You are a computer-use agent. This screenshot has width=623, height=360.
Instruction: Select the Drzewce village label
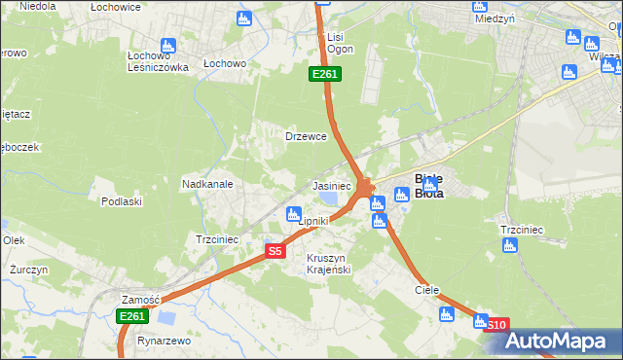[305, 136]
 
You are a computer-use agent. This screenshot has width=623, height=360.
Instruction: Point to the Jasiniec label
[331, 185]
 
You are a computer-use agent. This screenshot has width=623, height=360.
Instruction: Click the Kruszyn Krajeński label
[328, 263]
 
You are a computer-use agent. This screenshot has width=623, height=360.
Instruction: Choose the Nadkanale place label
[206, 183]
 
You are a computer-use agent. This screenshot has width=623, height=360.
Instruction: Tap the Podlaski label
[122, 201]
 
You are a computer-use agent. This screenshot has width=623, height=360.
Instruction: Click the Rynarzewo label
[163, 342]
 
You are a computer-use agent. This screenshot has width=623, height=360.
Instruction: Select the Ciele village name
[427, 290]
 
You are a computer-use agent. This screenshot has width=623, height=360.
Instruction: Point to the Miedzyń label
[494, 18]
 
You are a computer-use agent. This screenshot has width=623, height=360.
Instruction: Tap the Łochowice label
[116, 7]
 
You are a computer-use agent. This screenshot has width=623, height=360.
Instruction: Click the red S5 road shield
[275, 251]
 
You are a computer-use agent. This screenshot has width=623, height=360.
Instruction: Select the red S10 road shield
[495, 325]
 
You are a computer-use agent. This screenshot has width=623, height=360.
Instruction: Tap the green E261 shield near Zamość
[131, 316]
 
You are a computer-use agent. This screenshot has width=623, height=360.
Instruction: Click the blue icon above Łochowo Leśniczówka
[167, 45]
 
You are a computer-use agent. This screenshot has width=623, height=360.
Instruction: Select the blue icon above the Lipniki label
[291, 214]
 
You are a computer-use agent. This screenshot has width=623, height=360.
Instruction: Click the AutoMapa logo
[559, 341]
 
